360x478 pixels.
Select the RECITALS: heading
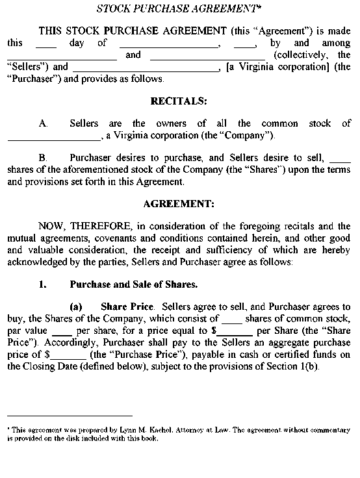point(179,101)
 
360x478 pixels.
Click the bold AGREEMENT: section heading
point(179,203)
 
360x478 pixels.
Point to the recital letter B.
point(43,157)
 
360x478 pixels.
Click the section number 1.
point(43,284)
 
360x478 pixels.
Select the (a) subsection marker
point(76,306)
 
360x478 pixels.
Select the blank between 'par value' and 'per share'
point(65,331)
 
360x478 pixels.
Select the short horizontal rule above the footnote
point(70,416)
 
